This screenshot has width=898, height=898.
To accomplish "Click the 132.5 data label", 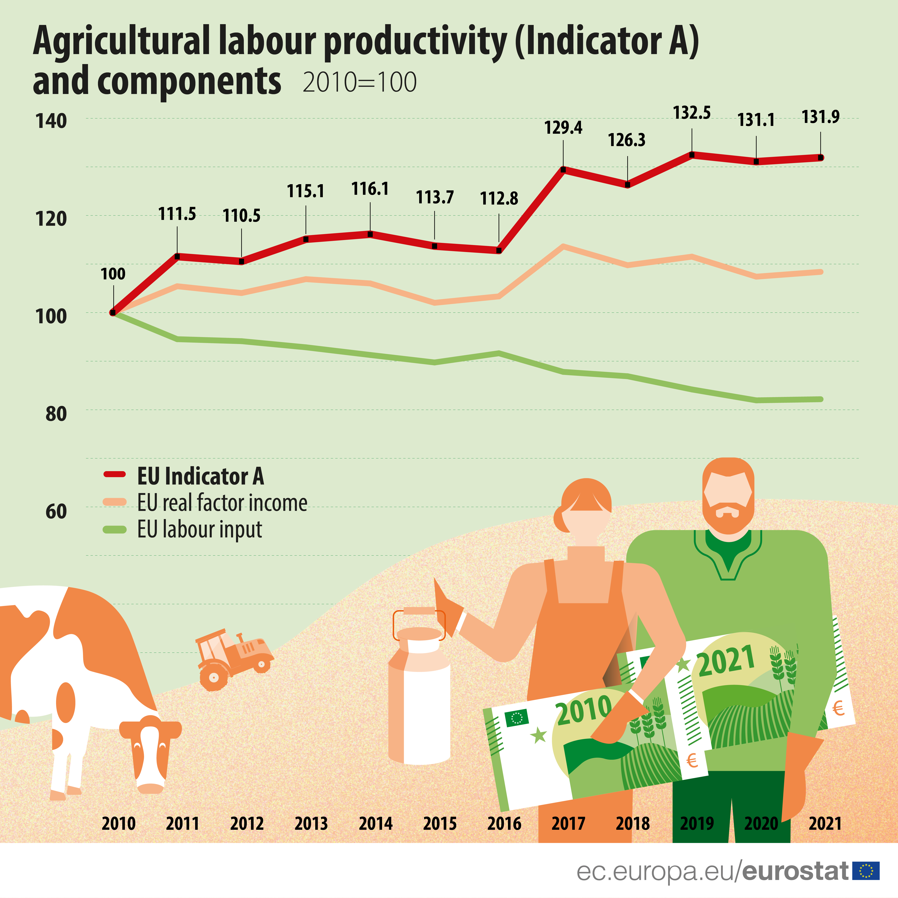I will (x=692, y=113).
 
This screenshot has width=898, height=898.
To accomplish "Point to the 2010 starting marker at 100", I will (x=113, y=312).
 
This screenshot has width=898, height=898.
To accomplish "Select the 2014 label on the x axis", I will (x=375, y=824).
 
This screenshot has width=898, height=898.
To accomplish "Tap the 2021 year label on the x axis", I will (x=825, y=824).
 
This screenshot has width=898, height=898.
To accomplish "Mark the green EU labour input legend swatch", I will (x=114, y=529).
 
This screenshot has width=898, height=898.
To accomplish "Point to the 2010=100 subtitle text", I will (x=359, y=83).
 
